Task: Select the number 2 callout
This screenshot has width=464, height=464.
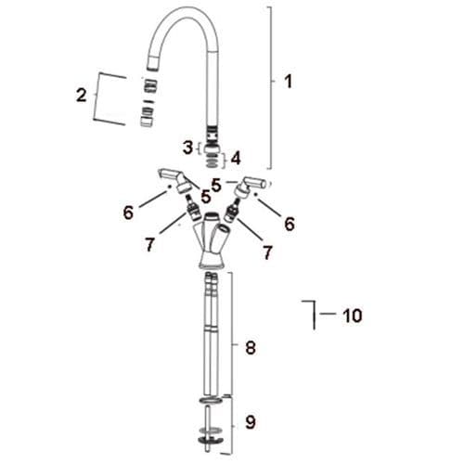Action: tap(81, 95)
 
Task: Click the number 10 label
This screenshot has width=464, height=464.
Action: tap(352, 316)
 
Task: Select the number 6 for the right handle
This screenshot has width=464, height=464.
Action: tap(290, 223)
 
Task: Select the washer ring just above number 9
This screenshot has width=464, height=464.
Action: tap(211, 400)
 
